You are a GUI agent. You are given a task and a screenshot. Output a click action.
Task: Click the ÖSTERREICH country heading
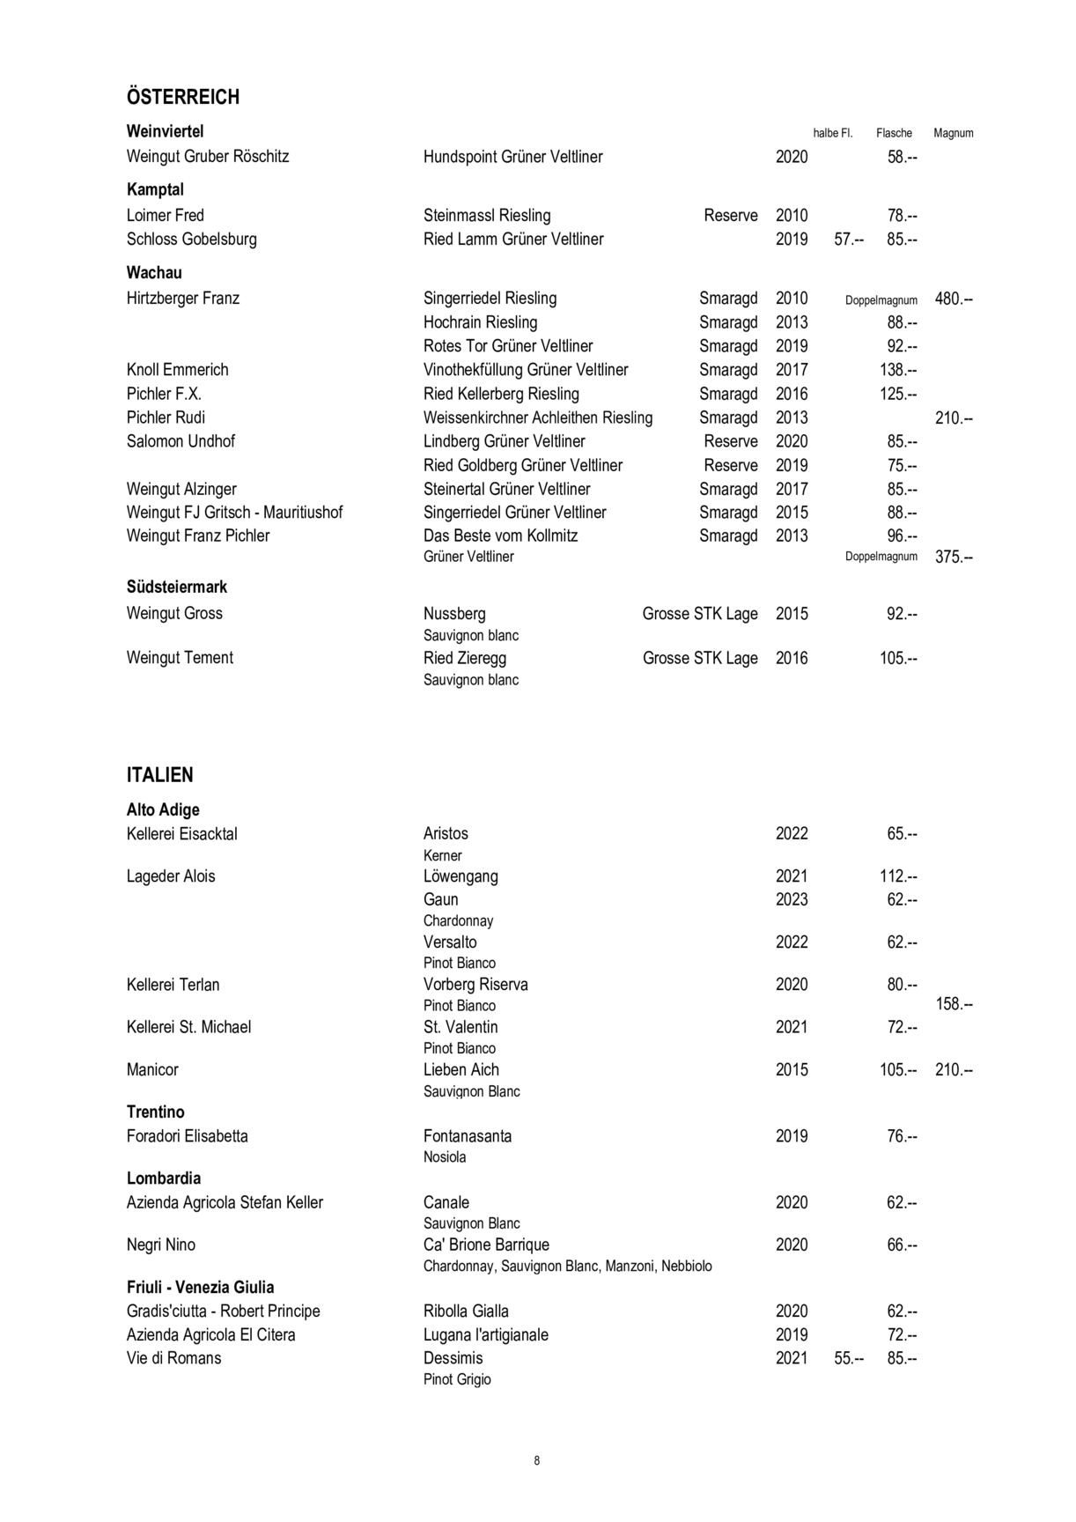pyautogui.click(x=183, y=97)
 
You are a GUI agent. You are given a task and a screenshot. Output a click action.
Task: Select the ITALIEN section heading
pyautogui.click(x=159, y=775)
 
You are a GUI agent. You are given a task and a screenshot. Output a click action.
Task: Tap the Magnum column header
pyautogui.click(x=953, y=133)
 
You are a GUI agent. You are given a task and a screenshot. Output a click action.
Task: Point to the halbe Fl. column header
pyautogui.click(x=833, y=133)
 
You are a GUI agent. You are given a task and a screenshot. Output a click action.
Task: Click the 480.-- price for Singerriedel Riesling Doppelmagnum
pyautogui.click(x=953, y=299)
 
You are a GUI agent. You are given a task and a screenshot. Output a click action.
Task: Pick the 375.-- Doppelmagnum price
pyautogui.click(x=953, y=557)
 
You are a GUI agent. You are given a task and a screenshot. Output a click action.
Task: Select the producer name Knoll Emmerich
pyautogui.click(x=177, y=370)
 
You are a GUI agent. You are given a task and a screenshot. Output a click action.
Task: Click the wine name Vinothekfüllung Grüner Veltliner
pyautogui.click(x=526, y=370)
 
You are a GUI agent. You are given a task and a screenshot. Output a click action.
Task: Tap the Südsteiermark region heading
pyautogui.click(x=177, y=587)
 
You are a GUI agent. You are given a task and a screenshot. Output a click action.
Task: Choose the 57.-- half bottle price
pyautogui.click(x=848, y=240)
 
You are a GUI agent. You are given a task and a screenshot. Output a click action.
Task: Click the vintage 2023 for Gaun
pyautogui.click(x=792, y=899)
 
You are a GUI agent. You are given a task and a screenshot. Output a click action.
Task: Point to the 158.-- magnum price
pyautogui.click(x=953, y=1004)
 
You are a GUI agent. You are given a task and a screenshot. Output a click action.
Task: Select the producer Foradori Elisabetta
pyautogui.click(x=188, y=1136)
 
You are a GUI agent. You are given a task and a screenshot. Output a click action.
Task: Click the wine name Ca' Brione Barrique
pyautogui.click(x=486, y=1245)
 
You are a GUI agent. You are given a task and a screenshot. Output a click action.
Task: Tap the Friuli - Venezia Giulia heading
pyautogui.click(x=201, y=1287)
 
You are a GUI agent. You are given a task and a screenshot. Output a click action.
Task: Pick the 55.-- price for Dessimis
pyautogui.click(x=848, y=1358)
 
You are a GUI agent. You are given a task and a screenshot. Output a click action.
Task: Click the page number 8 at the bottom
pyautogui.click(x=537, y=1460)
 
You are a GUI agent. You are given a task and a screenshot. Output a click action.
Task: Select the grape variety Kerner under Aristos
pyautogui.click(x=442, y=855)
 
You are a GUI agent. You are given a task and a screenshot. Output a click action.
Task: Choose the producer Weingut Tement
pyautogui.click(x=180, y=658)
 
